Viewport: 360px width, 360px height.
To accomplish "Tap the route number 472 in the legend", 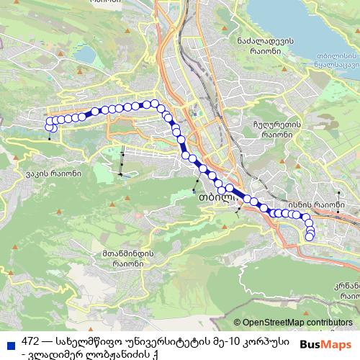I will coord(30,340).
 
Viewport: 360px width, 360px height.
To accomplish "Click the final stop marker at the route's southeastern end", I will coord(310,237).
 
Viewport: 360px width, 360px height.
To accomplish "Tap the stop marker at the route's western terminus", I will coord(49,127).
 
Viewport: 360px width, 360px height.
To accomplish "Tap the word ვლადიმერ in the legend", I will coord(54,353).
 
